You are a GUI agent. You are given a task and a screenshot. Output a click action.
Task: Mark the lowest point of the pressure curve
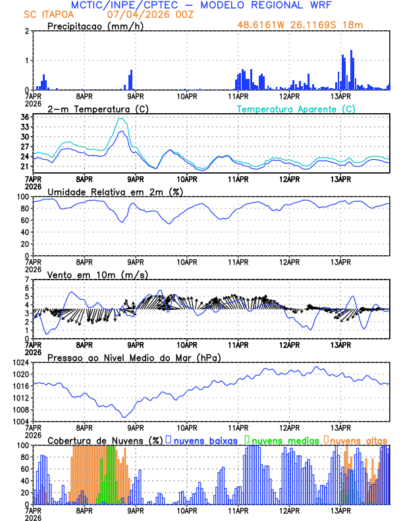[123, 417]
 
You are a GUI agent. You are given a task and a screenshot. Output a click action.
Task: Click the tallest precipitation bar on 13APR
[352, 51]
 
